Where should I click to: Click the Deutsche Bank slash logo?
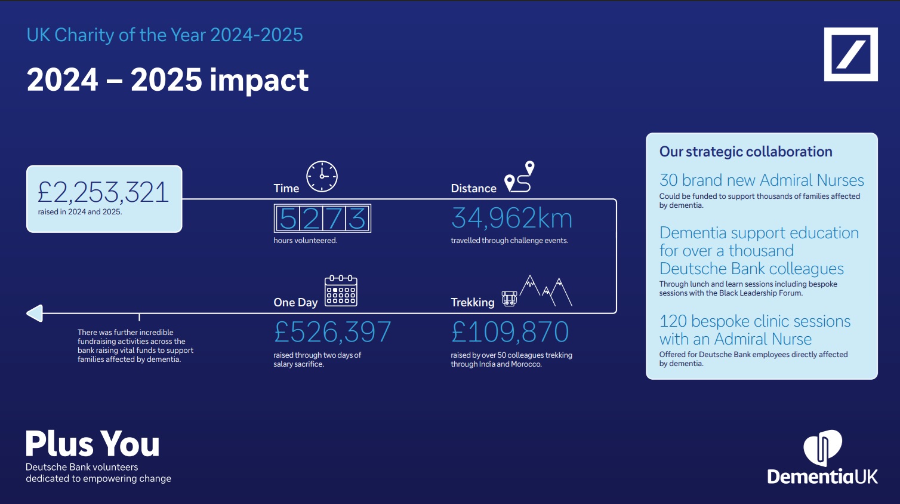click(x=850, y=54)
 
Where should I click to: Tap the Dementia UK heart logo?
click(x=822, y=446)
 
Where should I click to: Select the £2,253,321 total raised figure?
click(x=103, y=192)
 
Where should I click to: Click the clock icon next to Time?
click(x=322, y=177)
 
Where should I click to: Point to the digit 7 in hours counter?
click(x=334, y=219)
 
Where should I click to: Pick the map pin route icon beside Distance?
click(x=520, y=177)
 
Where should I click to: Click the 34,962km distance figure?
click(x=511, y=219)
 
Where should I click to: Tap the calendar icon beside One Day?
click(x=341, y=291)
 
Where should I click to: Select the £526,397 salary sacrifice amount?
click(x=332, y=332)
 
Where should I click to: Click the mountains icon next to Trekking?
click(x=546, y=291)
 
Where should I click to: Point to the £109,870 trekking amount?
click(x=510, y=332)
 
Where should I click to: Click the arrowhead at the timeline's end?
click(x=35, y=313)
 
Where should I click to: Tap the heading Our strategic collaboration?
click(x=745, y=152)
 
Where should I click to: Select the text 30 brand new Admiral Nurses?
click(x=762, y=180)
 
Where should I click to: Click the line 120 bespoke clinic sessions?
click(x=754, y=321)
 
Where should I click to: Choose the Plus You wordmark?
click(x=93, y=444)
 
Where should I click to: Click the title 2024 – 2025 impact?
click(x=168, y=80)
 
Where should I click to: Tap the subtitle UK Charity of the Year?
click(x=165, y=35)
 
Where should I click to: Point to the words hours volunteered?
click(x=306, y=241)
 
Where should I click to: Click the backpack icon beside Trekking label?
click(x=509, y=299)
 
